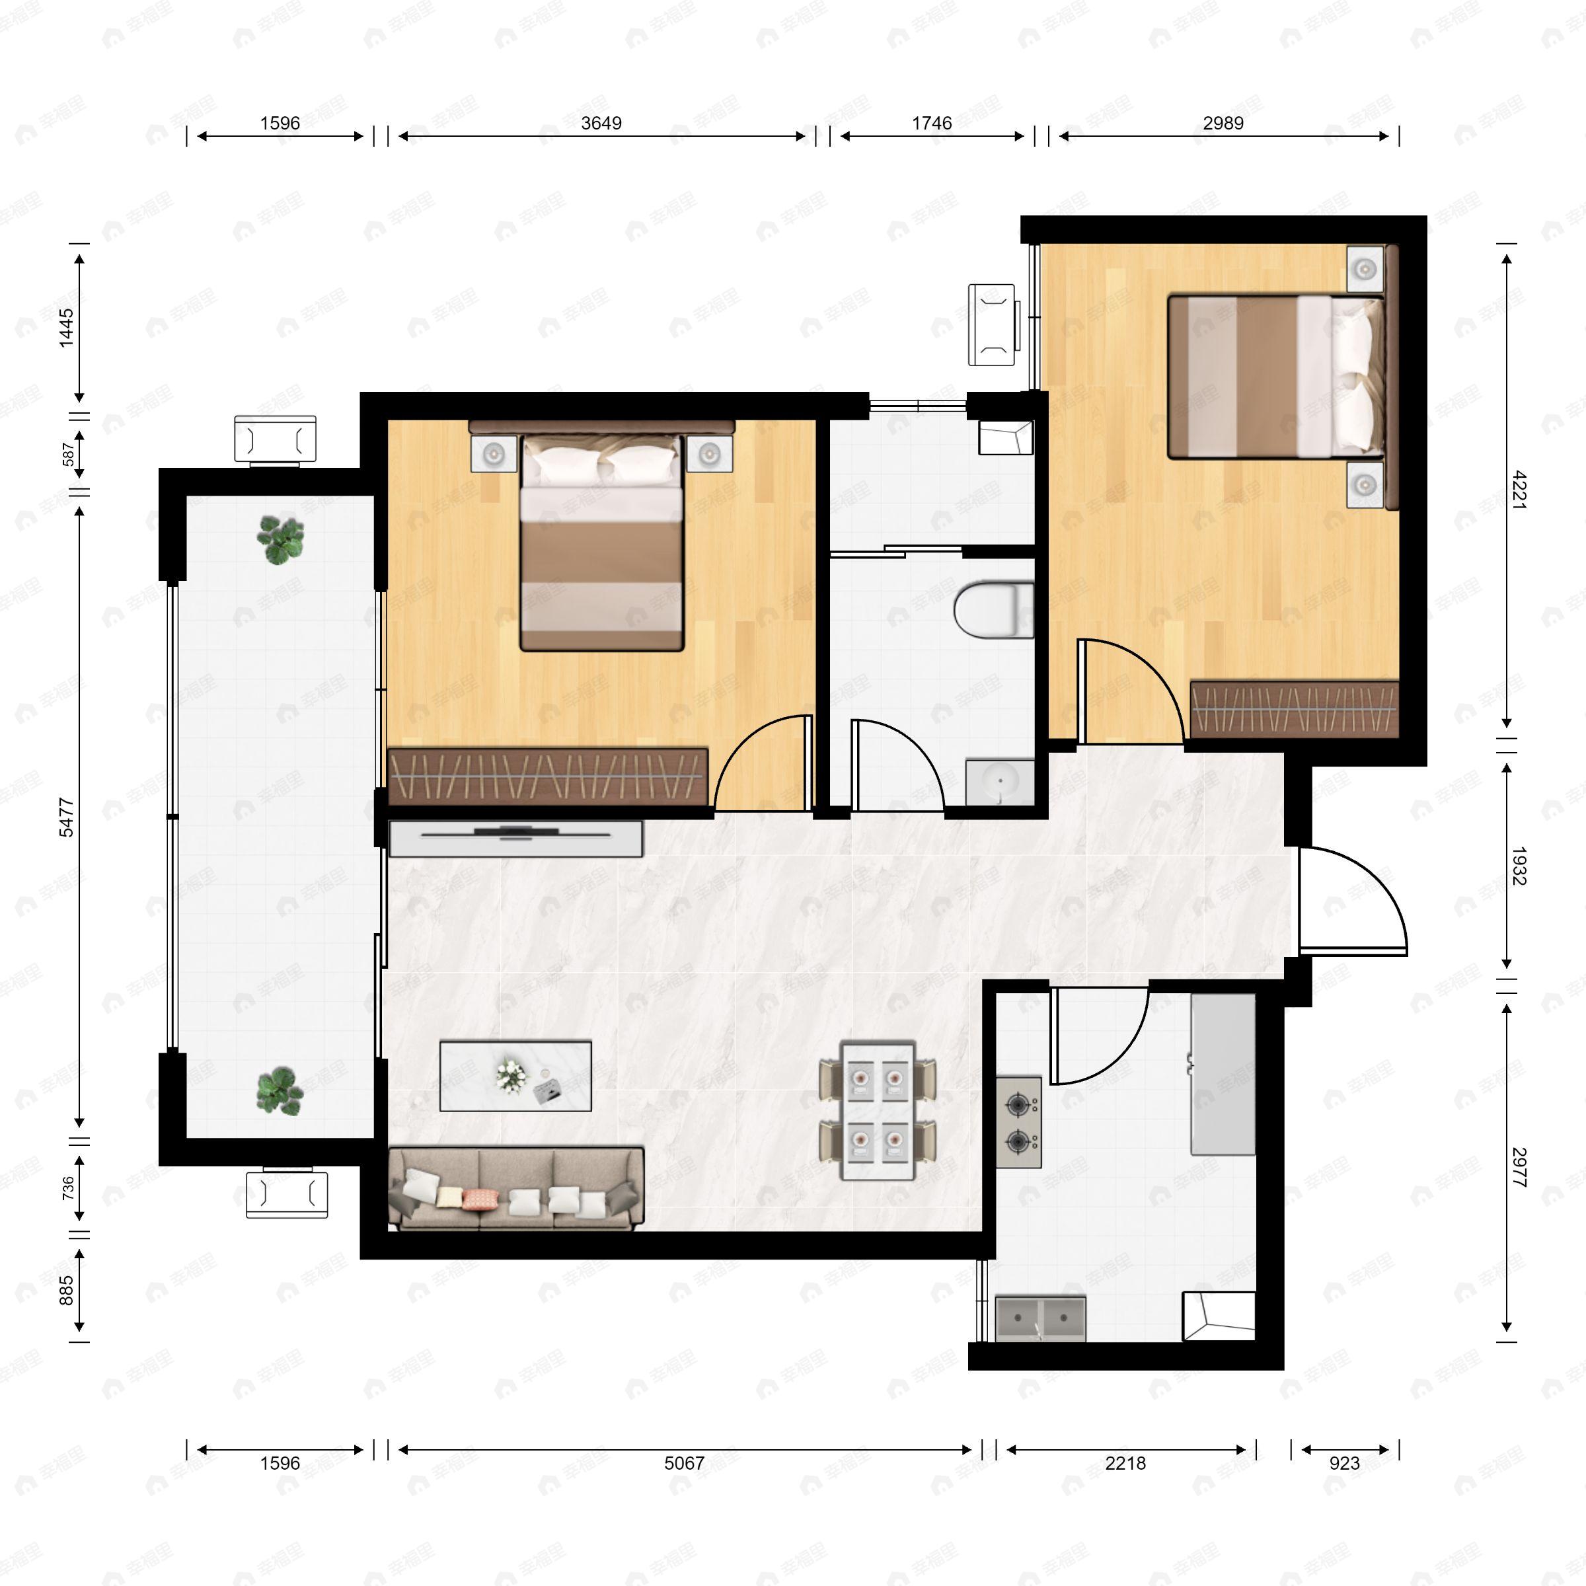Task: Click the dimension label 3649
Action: (601, 123)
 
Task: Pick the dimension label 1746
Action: (932, 123)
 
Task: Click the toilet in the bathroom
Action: (993, 609)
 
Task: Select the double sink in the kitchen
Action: (1040, 1319)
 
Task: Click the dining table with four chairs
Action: (878, 1111)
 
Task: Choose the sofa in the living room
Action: (515, 1189)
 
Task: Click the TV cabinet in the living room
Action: (515, 837)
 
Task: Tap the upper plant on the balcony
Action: (281, 539)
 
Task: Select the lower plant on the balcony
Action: (280, 1091)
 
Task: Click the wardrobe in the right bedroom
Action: (1294, 708)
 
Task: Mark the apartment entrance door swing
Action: (1350, 901)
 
